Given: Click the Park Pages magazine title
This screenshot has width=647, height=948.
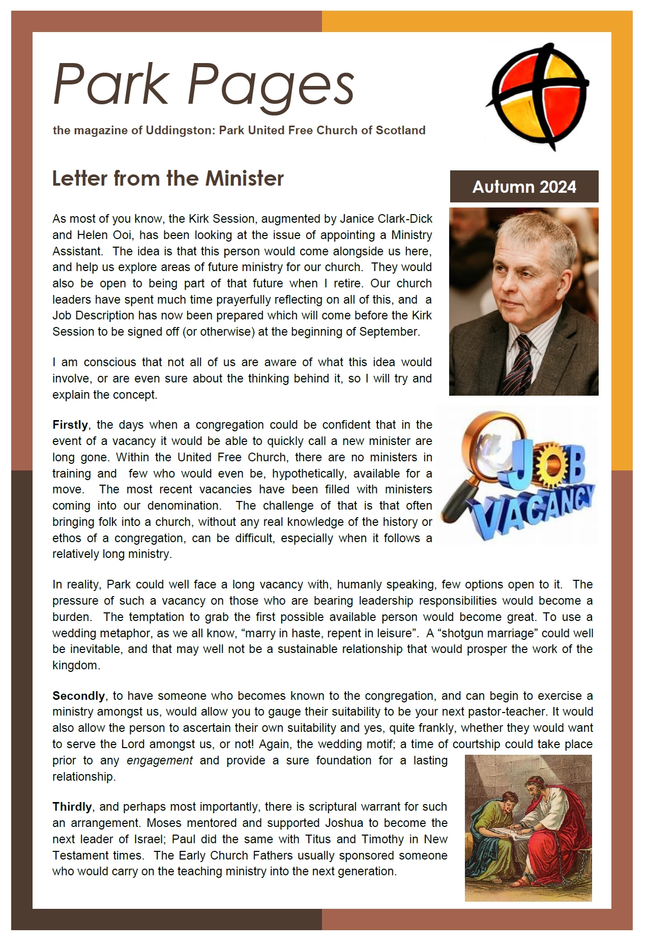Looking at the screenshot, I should [203, 84].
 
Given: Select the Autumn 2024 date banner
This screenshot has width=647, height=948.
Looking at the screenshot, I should [524, 187].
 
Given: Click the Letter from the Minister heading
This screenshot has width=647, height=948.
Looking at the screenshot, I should [168, 179].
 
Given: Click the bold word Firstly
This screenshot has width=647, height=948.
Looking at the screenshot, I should [70, 425].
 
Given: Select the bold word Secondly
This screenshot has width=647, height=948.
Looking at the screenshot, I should [78, 696].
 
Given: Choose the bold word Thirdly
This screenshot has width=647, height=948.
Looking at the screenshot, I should [72, 807].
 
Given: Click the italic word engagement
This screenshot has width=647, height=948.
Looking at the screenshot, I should [160, 760].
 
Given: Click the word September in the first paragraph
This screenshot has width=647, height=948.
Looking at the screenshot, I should [389, 332].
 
